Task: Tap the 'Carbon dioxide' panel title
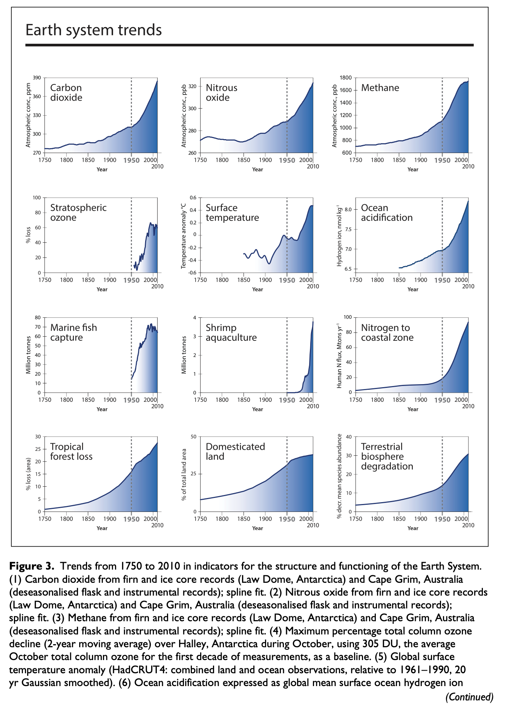66,93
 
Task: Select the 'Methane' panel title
380,88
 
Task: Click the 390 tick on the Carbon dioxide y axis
37,78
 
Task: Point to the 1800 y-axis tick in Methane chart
346,78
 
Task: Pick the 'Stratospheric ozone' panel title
78,213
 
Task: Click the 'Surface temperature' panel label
232,213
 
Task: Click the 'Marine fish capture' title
74,332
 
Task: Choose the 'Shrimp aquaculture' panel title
231,332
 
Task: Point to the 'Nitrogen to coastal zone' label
387,332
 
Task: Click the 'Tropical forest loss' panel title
71,452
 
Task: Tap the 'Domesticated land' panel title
235,452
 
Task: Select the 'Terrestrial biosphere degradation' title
387,457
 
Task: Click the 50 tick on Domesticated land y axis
193,437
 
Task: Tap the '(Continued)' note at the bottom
469,697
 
